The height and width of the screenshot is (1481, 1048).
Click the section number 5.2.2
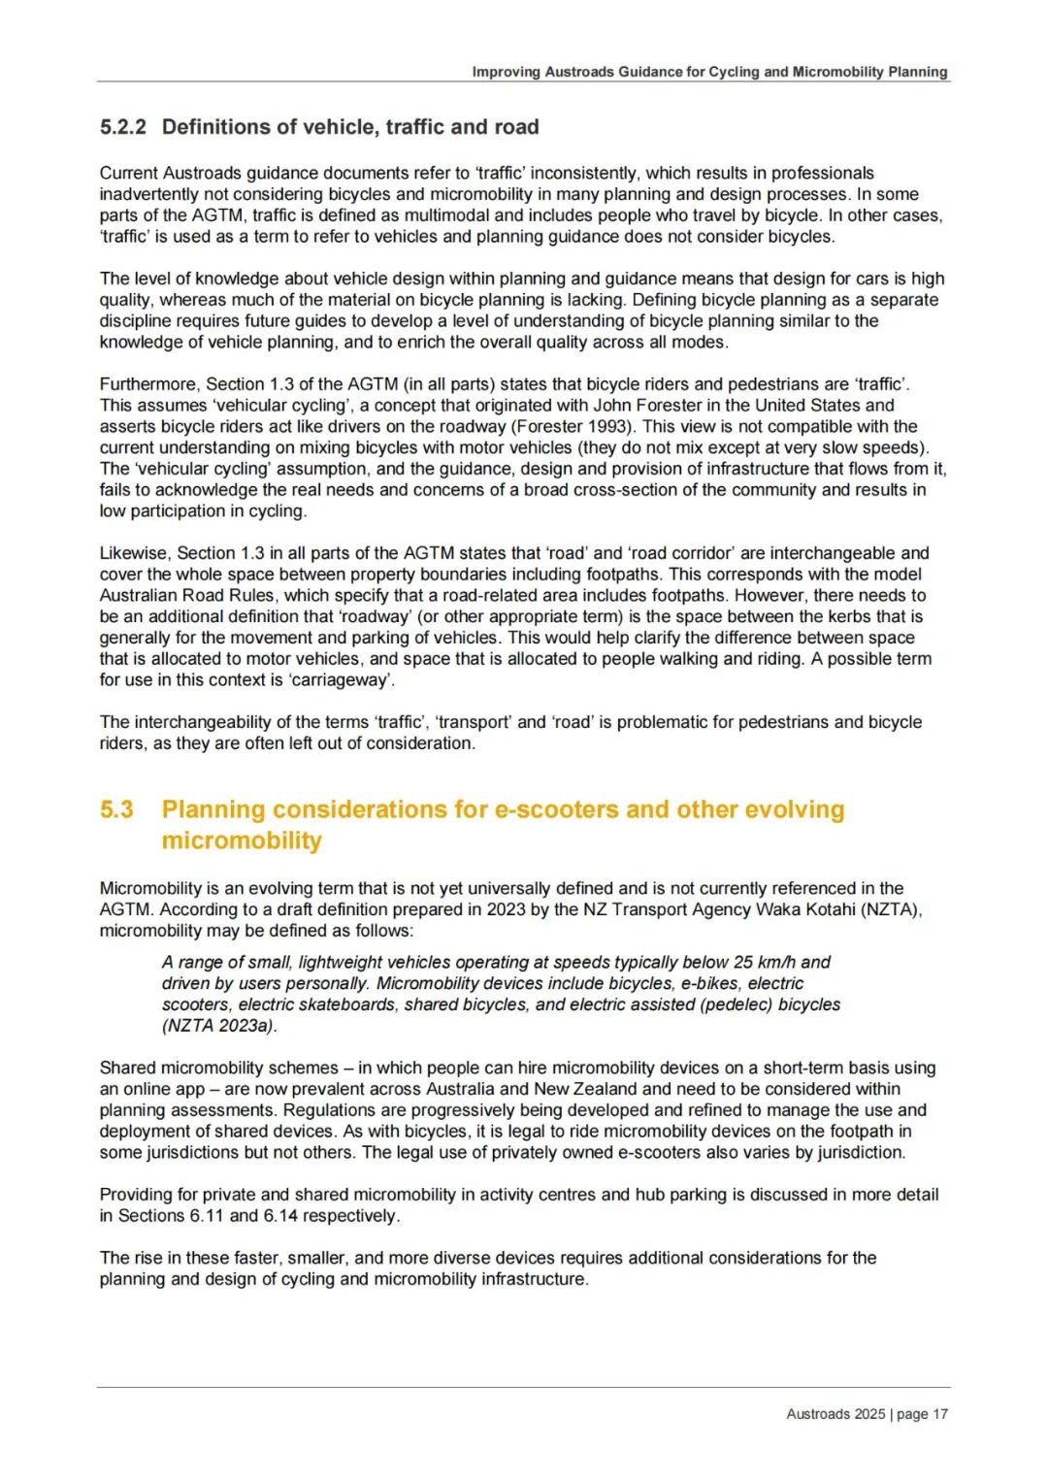[122, 127]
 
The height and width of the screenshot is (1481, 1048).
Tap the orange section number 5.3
[116, 809]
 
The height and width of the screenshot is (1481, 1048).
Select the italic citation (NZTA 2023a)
[219, 1025]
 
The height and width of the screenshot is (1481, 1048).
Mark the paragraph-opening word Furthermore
[147, 384]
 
